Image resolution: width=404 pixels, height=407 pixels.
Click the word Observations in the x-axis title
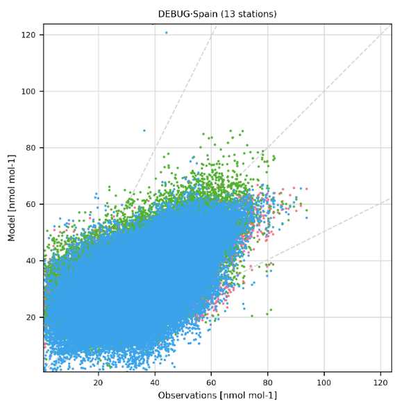(x=187, y=395)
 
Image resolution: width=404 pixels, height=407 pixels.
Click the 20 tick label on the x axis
(x=99, y=383)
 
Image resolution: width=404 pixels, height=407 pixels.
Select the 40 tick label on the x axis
(x=155, y=383)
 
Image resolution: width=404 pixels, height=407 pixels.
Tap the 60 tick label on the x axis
(x=211, y=383)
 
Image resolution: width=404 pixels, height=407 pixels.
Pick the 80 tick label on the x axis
(x=268, y=383)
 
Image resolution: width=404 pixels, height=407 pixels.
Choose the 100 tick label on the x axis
(x=324, y=383)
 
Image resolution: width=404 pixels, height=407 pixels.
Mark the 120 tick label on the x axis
(x=380, y=383)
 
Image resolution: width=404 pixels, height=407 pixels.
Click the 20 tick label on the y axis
(x=31, y=317)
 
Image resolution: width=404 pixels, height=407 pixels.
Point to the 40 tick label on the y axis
(x=31, y=260)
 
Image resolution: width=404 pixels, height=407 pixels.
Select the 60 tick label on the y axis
(x=31, y=204)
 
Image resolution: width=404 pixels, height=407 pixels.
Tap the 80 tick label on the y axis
(x=31, y=148)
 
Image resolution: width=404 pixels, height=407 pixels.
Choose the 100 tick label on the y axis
(x=28, y=92)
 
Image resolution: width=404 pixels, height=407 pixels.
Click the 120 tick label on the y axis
(x=28, y=35)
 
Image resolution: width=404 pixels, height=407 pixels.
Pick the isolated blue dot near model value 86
(x=144, y=131)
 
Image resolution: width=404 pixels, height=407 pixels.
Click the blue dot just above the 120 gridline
(x=167, y=33)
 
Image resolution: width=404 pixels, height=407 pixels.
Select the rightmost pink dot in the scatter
(x=306, y=189)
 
